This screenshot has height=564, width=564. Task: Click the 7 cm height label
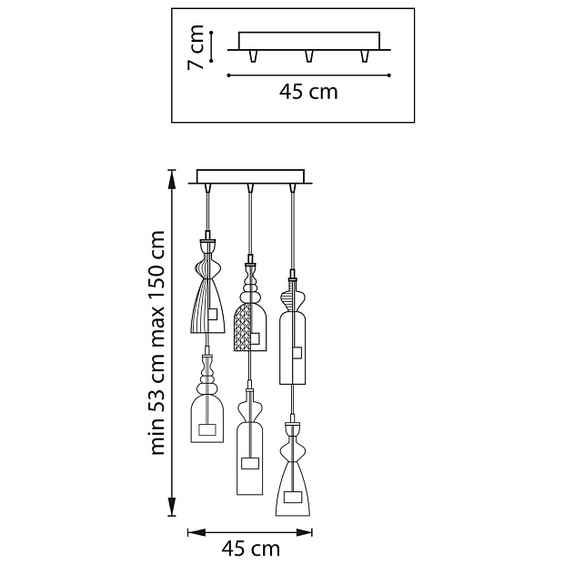[x=196, y=47]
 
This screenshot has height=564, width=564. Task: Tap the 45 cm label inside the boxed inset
[x=308, y=92]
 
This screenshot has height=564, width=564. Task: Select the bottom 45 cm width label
[x=250, y=549]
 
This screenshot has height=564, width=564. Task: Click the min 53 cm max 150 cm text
[x=157, y=343]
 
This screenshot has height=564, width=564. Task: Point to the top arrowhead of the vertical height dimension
[x=172, y=179]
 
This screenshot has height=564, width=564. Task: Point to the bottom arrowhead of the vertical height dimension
[x=172, y=507]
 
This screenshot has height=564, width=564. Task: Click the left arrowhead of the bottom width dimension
[x=196, y=532]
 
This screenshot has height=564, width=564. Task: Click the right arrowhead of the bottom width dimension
[x=303, y=532]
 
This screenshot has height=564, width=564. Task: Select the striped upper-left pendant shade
[x=207, y=287]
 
